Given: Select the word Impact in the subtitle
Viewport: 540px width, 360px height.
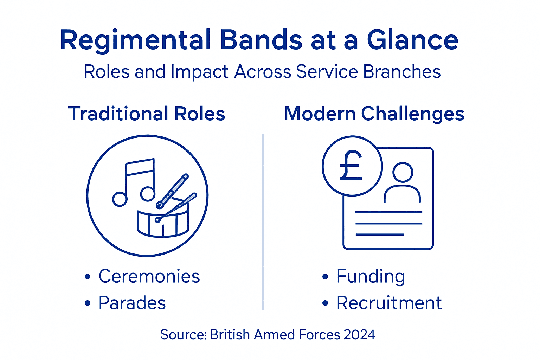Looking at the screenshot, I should pos(199,72).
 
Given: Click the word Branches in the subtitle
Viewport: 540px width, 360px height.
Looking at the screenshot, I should pos(401,72).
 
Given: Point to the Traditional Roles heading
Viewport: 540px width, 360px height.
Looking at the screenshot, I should pos(147,114).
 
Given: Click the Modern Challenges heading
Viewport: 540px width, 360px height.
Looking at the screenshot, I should pos(374,114).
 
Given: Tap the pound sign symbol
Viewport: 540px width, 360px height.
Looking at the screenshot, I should pos(351,166).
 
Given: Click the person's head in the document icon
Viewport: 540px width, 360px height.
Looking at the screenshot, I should pos(403,172).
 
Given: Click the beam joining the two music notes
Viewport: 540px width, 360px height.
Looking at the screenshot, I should pos(140,167).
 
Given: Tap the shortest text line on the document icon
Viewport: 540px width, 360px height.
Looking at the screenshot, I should pos(380,234).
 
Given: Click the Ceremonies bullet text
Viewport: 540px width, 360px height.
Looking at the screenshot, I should pos(149,276).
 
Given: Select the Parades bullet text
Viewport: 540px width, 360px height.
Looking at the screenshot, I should pos(132,303).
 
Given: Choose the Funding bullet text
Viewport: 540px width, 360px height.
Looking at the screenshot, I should pos(371,276).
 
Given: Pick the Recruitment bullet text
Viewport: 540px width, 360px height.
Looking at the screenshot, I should pos(389,303).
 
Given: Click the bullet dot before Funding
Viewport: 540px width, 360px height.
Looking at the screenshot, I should pos(325,277).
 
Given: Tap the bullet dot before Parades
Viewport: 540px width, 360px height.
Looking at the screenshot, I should pos(88,303).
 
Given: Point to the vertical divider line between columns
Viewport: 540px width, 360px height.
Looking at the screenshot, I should pos(263,221).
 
